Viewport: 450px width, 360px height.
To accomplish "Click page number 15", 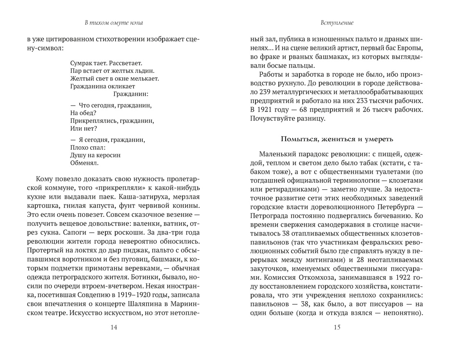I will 337,327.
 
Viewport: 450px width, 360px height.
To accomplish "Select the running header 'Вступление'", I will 337,23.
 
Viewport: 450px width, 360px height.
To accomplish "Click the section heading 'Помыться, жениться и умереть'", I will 337,139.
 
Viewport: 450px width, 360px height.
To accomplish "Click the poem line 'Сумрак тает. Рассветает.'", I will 106,63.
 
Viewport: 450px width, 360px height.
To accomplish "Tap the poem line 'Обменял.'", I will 84,162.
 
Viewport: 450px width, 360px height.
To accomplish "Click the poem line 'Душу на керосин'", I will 95,155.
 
